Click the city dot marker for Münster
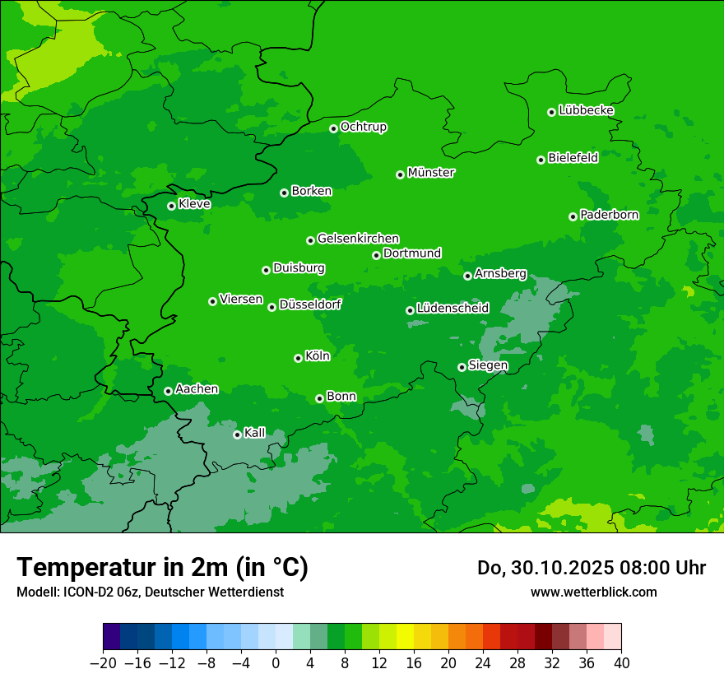coord(401,174)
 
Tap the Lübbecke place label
coord(586,110)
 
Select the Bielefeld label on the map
coord(573,157)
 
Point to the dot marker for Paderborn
coord(573,216)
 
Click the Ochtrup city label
coord(363,127)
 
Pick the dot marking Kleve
coord(172,206)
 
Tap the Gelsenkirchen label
coord(358,239)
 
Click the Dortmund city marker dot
coord(377,255)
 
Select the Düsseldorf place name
coord(309,304)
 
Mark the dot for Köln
coord(299,358)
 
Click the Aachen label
coord(197,388)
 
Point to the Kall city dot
coord(238,434)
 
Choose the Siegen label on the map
coord(488,365)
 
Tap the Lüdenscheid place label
coord(452,309)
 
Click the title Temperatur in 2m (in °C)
coord(162,567)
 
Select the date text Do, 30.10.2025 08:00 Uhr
coord(591,568)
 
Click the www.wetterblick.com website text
coord(593,592)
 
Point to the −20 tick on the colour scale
coord(104,662)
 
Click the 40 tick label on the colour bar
coord(621,662)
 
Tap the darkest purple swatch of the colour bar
coord(112,637)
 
